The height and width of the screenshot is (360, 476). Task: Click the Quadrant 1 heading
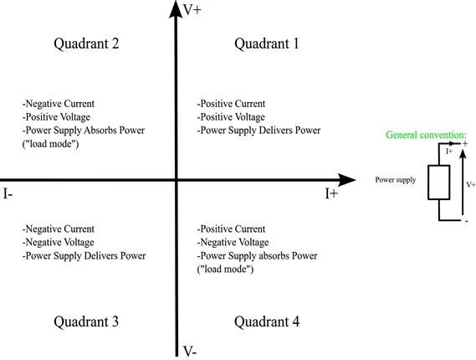pyautogui.click(x=267, y=44)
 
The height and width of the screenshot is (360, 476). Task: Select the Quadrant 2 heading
pyautogui.click(x=86, y=44)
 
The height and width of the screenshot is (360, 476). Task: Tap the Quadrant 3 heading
pyautogui.click(x=86, y=321)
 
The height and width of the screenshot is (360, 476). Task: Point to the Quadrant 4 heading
pyautogui.click(x=267, y=321)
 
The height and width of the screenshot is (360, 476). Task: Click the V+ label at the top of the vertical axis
pyautogui.click(x=192, y=10)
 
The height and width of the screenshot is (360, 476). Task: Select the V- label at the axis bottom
pyautogui.click(x=190, y=352)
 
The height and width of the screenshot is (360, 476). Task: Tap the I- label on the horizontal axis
pyautogui.click(x=8, y=193)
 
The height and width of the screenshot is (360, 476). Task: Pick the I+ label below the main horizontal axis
pyautogui.click(x=331, y=193)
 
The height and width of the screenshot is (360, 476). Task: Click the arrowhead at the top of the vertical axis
pyautogui.click(x=176, y=9)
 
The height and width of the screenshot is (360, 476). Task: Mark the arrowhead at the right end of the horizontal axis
pyautogui.click(x=346, y=180)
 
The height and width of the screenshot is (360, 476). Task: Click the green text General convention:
pyautogui.click(x=426, y=135)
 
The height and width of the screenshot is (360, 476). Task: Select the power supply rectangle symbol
pyautogui.click(x=439, y=183)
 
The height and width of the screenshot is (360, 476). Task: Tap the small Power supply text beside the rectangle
pyautogui.click(x=396, y=180)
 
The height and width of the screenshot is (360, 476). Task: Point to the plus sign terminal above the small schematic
pyautogui.click(x=465, y=144)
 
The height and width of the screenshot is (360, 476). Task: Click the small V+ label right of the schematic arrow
pyautogui.click(x=471, y=184)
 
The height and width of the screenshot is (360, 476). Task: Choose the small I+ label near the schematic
pyautogui.click(x=449, y=151)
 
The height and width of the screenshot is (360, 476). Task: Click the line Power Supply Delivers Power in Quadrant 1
pyautogui.click(x=258, y=131)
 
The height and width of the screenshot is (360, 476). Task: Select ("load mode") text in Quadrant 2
pyautogui.click(x=51, y=144)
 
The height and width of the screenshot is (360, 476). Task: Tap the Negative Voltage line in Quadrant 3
pyautogui.click(x=58, y=242)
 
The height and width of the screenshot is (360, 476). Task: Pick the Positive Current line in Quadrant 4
pyautogui.click(x=231, y=229)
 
